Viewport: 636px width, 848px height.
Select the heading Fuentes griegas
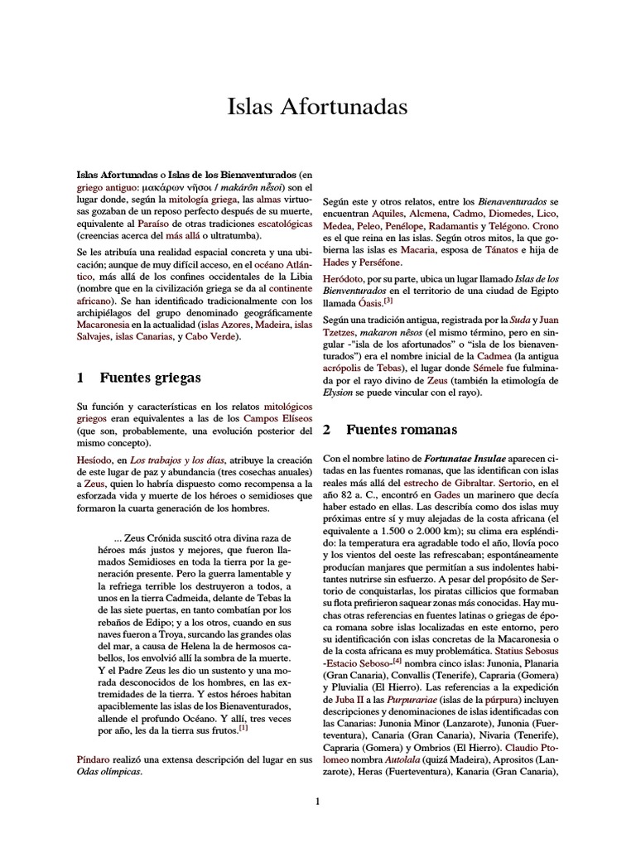coord(150,377)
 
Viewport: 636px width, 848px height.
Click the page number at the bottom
coord(317,802)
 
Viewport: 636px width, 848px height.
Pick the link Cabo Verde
coord(210,337)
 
